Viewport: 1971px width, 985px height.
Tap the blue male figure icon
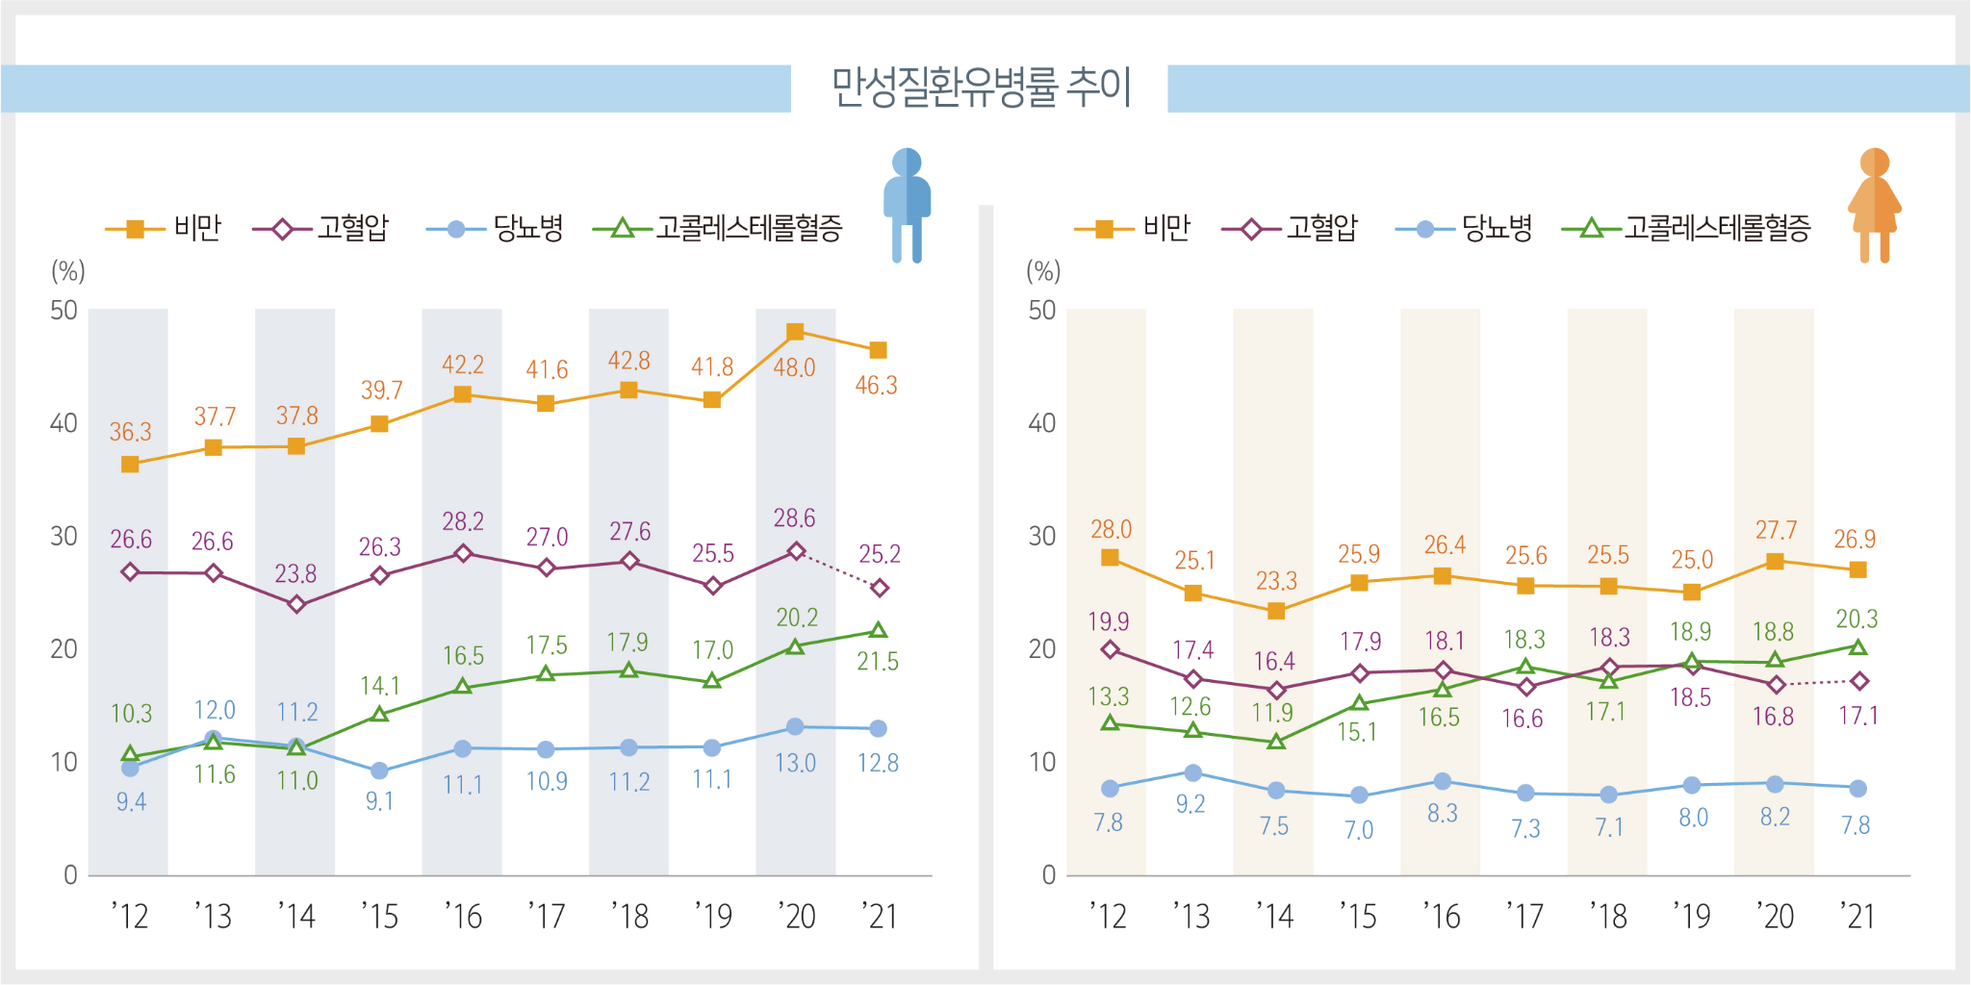tap(907, 205)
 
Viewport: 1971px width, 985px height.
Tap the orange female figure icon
tap(1874, 205)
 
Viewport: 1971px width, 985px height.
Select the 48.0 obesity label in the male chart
tap(794, 367)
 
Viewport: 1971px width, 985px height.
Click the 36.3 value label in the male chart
tap(130, 432)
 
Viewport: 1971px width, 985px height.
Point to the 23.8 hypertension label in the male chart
tap(295, 574)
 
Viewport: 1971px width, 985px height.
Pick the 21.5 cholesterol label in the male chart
tap(878, 662)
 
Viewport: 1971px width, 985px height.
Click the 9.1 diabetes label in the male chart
tap(379, 801)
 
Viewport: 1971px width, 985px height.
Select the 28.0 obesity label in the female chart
tap(1111, 529)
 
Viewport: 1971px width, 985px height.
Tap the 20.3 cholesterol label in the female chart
tap(1856, 619)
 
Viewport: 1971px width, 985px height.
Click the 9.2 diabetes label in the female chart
tap(1190, 804)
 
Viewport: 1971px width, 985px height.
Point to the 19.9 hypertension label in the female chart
tap(1109, 621)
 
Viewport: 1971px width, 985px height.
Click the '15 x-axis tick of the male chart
tap(379, 917)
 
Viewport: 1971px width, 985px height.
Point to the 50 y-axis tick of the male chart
tap(64, 310)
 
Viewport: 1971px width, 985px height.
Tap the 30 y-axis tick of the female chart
tap(1042, 536)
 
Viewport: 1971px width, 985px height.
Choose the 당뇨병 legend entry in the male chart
tap(527, 228)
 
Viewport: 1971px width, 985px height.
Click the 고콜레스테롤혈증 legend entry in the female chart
tap(1717, 228)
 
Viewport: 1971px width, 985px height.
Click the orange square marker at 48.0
tap(795, 332)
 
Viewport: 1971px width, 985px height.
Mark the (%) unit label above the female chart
tap(1043, 271)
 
